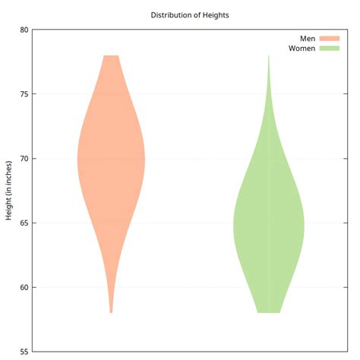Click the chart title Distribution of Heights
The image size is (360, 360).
190,15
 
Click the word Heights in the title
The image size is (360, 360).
214,15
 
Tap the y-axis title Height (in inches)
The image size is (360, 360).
9,191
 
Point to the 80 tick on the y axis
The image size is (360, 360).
24,30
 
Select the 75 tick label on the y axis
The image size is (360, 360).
24,94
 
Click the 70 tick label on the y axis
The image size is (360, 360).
24,159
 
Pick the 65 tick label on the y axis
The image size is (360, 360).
24,223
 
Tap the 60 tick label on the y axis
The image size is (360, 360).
24,288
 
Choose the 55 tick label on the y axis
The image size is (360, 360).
24,352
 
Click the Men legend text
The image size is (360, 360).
307,38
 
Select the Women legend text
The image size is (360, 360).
302,49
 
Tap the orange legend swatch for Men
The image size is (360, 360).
329,38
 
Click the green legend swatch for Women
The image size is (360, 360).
329,49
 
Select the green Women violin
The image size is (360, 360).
268,228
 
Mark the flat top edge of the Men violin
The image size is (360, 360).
111,56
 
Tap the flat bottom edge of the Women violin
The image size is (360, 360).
268,311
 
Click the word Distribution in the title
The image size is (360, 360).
172,15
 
